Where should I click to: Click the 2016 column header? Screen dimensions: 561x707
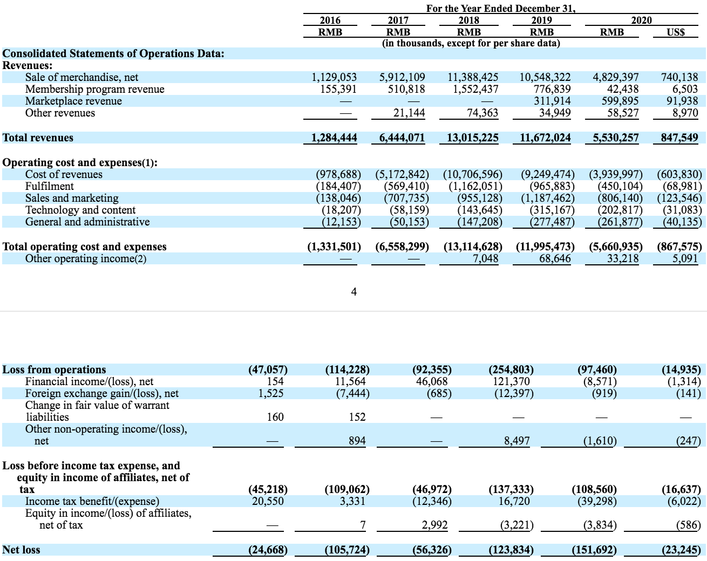[330, 20]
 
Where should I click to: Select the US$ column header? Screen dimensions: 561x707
[676, 32]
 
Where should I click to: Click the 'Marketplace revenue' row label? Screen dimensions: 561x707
[73, 101]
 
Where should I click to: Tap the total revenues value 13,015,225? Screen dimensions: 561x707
[472, 138]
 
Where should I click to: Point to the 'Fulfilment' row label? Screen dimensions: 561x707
[50, 186]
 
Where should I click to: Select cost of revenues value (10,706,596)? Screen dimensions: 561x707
[472, 174]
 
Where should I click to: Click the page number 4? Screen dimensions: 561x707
[353, 292]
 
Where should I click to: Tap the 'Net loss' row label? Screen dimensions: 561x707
[21, 550]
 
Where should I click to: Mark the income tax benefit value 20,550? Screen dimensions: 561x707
[268, 501]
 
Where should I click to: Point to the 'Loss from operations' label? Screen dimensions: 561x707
[54, 370]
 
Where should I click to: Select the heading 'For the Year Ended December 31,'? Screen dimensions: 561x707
[501, 9]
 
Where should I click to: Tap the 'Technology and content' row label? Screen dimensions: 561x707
[80, 210]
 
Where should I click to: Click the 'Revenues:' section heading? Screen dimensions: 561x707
[28, 65]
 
